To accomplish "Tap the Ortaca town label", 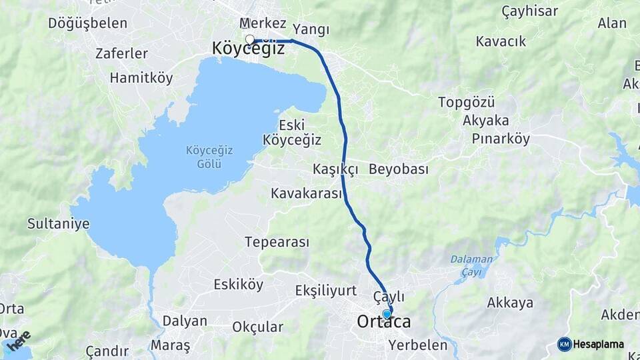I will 384,323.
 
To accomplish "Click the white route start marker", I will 249,39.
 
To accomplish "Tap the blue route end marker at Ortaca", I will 387,314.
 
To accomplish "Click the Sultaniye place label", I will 58,223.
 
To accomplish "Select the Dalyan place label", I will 185,321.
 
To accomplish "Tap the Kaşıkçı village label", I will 335,169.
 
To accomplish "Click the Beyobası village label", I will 398,169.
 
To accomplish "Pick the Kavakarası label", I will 306,193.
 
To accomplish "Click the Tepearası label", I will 277,242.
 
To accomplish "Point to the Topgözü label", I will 466,103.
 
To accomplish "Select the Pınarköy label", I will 500,139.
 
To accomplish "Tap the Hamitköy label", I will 141,78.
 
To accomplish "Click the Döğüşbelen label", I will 87,23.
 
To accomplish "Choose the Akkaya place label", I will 510,303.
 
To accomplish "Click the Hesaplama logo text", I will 598,345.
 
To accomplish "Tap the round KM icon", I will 564,345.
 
